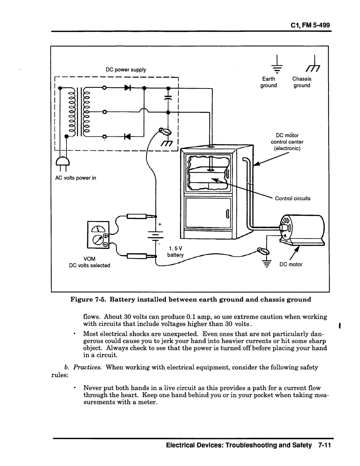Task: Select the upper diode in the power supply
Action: (128, 88)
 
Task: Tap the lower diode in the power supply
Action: (127, 136)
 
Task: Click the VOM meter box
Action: (98, 235)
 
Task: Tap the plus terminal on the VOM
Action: (105, 236)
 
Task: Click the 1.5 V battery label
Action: (175, 252)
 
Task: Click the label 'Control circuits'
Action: (293, 198)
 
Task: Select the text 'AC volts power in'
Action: (76, 178)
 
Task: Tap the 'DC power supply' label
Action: (126, 70)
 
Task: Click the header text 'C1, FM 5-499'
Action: (310, 25)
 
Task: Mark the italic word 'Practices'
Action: (87, 367)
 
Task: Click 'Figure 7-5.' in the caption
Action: (89, 299)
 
